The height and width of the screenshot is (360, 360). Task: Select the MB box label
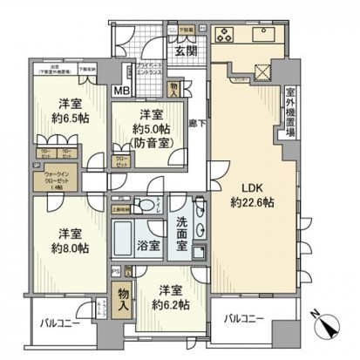pos(122,90)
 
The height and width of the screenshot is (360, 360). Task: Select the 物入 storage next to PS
pos(124,302)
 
